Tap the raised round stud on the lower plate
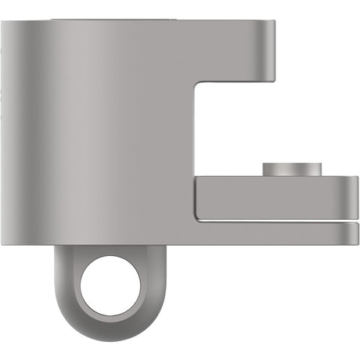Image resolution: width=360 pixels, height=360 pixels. [292, 169]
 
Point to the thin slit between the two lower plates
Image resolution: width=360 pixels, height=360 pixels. [274, 221]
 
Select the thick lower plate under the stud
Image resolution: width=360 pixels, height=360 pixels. [274, 199]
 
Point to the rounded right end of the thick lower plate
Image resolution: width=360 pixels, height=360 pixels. [355, 199]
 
